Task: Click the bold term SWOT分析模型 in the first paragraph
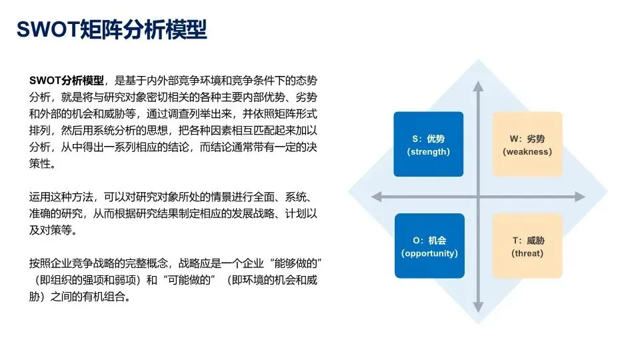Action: [x=67, y=81]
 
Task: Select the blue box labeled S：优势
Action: [x=428, y=144]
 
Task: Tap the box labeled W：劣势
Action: [x=527, y=144]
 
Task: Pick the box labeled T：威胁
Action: [x=527, y=245]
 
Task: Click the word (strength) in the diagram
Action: [x=428, y=152]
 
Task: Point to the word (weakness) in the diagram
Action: [x=527, y=152]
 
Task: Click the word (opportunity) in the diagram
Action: [x=429, y=253]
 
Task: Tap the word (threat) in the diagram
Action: [x=527, y=253]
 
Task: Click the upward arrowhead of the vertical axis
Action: [x=478, y=86]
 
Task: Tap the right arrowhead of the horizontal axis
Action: [x=580, y=197]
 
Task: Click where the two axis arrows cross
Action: [x=478, y=197]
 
